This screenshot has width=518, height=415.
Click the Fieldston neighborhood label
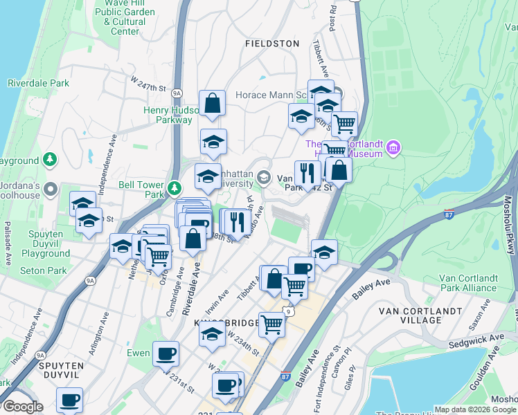[272, 43]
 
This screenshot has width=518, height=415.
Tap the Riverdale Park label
[39, 83]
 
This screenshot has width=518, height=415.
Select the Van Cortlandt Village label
[420, 315]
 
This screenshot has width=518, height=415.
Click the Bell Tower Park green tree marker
[176, 187]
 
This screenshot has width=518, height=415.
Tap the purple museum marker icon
[394, 147]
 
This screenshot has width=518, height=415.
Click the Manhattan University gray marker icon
[263, 178]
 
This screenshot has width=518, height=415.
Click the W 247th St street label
[149, 84]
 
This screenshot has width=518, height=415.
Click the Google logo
[22, 407]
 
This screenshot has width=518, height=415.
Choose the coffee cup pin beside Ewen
[166, 354]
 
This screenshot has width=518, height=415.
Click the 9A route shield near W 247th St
[177, 92]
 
